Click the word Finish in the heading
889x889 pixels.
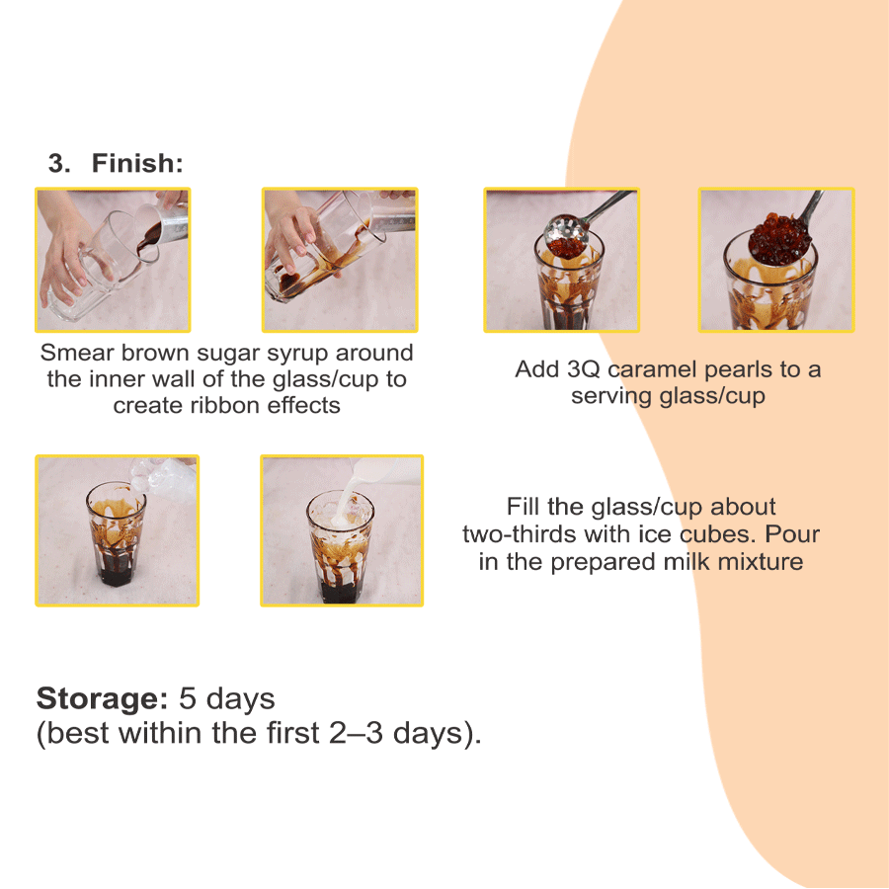pos(137,164)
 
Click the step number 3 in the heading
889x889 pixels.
pos(58,164)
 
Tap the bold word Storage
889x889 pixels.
pos(102,698)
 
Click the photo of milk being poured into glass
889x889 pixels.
pos(341,530)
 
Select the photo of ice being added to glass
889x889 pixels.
pos(117,530)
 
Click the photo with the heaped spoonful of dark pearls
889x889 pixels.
pos(776,260)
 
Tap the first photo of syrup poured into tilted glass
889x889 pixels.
pos(113,260)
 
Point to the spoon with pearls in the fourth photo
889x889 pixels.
pos(780,237)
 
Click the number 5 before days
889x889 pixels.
pos(187,698)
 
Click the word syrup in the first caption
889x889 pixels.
pos(298,353)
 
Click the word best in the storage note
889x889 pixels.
pos(79,734)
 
